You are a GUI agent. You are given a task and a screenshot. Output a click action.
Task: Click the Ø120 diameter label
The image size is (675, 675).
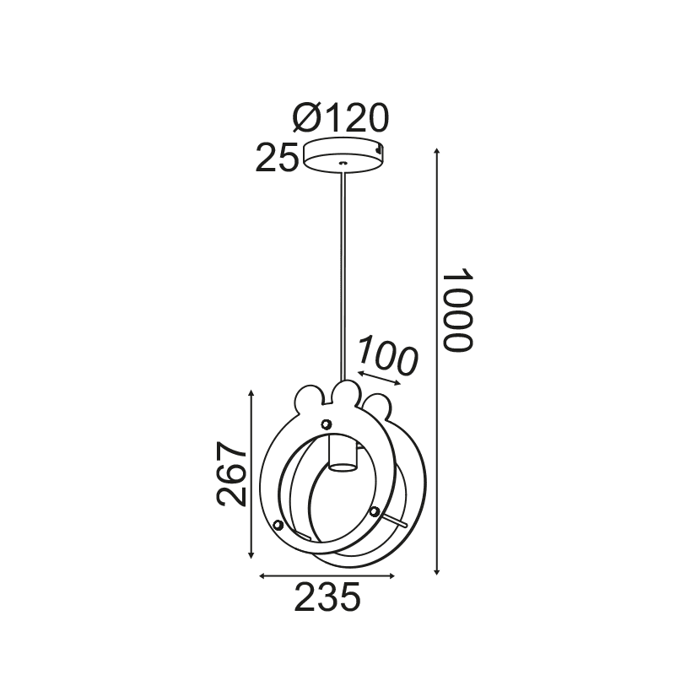[x=341, y=117]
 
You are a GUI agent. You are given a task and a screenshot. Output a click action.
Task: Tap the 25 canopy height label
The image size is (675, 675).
[x=277, y=158]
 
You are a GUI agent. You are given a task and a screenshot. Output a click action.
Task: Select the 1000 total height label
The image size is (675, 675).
[x=458, y=310]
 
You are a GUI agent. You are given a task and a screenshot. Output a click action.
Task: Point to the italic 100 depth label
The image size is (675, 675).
[x=388, y=356]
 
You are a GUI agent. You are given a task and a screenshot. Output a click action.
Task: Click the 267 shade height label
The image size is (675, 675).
[x=230, y=473]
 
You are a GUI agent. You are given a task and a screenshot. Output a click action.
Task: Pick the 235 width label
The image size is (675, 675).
[x=327, y=597]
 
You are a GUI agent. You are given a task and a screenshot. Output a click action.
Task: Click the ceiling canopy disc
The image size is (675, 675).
[x=343, y=155]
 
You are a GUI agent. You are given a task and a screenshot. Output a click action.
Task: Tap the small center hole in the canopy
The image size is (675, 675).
[x=343, y=163]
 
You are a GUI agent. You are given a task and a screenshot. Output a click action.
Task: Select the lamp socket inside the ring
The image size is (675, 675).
[x=343, y=452]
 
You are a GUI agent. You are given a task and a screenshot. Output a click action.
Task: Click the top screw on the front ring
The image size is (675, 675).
[x=327, y=424]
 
